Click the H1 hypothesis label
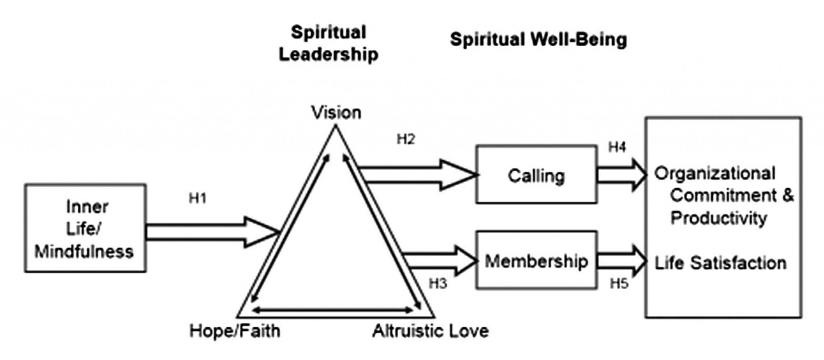click(x=197, y=199)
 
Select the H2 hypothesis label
click(x=406, y=140)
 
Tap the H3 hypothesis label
click(x=438, y=284)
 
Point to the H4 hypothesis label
click(x=617, y=148)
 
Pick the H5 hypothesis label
click(x=619, y=284)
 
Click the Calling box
click(x=536, y=175)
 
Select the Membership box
click(x=536, y=261)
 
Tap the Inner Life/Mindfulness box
click(x=85, y=228)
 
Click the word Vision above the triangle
click(x=336, y=113)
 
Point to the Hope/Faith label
click(x=235, y=331)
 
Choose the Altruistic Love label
click(x=431, y=331)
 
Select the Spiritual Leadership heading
click(x=329, y=43)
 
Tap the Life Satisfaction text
click(x=720, y=263)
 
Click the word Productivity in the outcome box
click(x=719, y=218)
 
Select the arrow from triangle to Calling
click(x=418, y=175)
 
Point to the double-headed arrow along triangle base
click(x=334, y=310)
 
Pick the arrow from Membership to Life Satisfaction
click(x=622, y=261)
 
